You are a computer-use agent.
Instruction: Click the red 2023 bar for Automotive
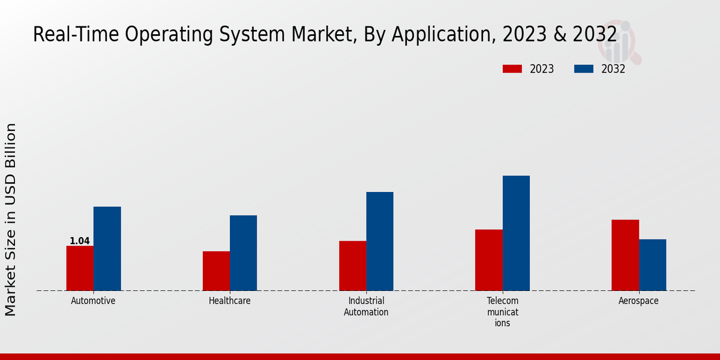click(80, 268)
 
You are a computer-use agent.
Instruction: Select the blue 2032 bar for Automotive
click(107, 249)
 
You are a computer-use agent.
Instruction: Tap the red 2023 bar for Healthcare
click(216, 271)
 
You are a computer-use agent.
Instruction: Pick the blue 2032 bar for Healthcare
click(243, 253)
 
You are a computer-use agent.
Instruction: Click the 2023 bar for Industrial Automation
click(352, 266)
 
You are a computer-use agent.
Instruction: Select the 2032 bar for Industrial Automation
click(380, 241)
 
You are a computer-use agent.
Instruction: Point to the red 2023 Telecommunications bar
click(488, 260)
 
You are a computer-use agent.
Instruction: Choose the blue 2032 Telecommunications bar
click(516, 233)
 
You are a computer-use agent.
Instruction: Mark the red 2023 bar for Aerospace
click(625, 255)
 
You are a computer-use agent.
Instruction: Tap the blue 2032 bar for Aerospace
click(652, 265)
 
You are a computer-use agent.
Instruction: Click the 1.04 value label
click(80, 241)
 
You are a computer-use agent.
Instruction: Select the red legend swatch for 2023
click(512, 69)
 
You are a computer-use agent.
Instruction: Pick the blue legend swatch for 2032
click(584, 69)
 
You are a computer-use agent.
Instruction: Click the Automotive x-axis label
click(93, 301)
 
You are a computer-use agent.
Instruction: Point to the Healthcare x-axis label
click(230, 301)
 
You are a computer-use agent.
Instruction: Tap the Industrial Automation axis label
click(366, 307)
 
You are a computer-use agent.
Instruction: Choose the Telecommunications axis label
click(502, 312)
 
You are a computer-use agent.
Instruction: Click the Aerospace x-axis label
click(638, 301)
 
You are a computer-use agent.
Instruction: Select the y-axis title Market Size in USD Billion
click(11, 219)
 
